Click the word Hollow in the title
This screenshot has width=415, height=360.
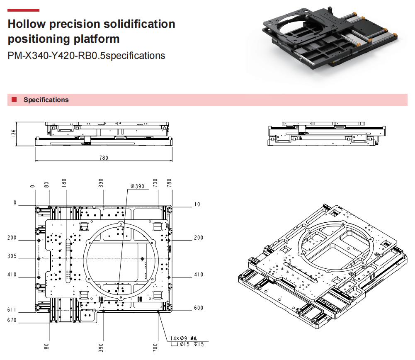pyautogui.click(x=27, y=24)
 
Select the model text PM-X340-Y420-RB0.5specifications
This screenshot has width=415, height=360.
pyautogui.click(x=87, y=56)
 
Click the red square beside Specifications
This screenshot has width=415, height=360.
pyautogui.click(x=14, y=100)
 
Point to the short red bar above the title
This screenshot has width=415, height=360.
pyautogui.click(x=24, y=10)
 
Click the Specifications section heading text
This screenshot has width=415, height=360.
pyautogui.click(x=46, y=100)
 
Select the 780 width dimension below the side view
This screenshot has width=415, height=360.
pyautogui.click(x=103, y=158)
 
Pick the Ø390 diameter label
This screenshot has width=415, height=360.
pyautogui.click(x=137, y=186)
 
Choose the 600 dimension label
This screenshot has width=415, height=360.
pyautogui.click(x=199, y=308)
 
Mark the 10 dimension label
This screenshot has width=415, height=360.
pyautogui.click(x=197, y=204)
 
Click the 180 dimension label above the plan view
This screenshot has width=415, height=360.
pyautogui.click(x=64, y=184)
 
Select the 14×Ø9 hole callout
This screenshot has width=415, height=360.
pyautogui.click(x=179, y=338)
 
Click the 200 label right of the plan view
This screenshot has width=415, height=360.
pyautogui.click(x=199, y=238)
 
